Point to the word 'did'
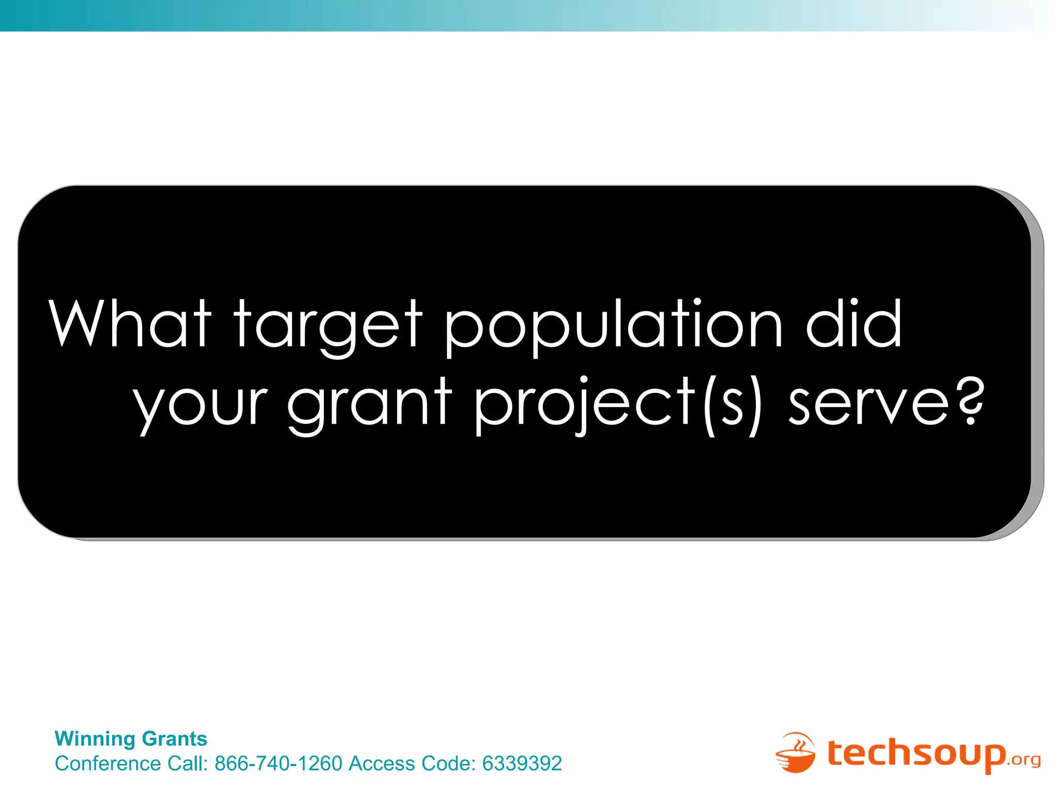coord(853,324)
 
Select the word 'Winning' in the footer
coord(95,739)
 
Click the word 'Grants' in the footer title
coord(174,739)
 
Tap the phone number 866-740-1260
coord(278,764)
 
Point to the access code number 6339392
coord(522,764)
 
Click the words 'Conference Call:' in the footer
coord(132,764)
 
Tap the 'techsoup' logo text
coord(916,753)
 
